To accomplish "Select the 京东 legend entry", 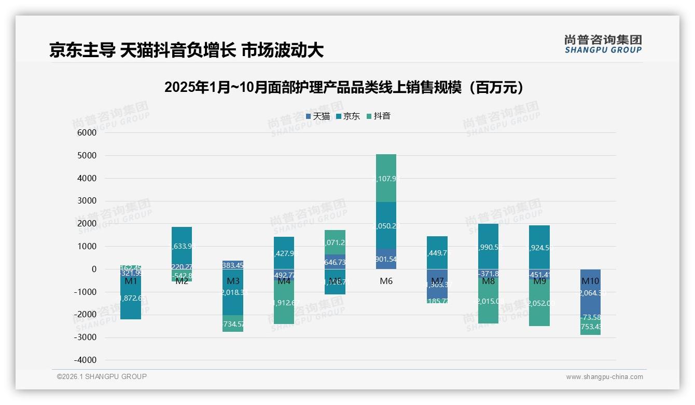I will point(349,116).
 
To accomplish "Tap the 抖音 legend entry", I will point(379,116).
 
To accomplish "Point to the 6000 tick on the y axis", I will point(87,133).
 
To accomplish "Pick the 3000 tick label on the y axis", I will point(87,201).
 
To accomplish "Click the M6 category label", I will point(386,281).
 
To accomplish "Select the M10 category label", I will point(590,281).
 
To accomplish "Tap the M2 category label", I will point(182,281).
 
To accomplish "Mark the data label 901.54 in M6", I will point(386,259).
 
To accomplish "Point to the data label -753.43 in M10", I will point(590,326).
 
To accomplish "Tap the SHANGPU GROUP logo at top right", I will point(603,44).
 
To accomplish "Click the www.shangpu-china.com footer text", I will point(604,377).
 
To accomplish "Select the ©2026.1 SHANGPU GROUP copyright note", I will point(102,376).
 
